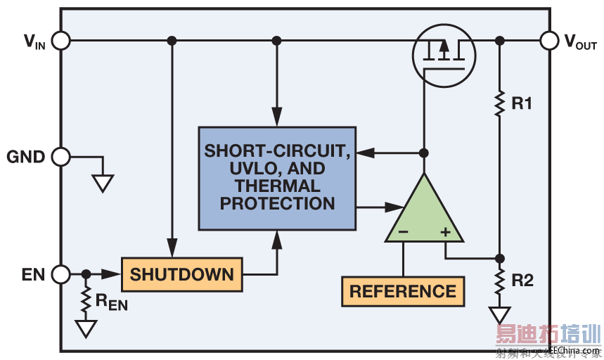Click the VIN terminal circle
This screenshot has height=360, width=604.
click(x=61, y=41)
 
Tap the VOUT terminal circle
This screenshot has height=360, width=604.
click(x=550, y=41)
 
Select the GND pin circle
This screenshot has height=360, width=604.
click(x=61, y=157)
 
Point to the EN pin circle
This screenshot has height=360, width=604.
click(x=61, y=274)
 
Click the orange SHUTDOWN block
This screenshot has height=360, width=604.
click(x=181, y=274)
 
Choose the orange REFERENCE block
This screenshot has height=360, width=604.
click(x=403, y=291)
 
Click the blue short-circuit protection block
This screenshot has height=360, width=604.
click(x=277, y=178)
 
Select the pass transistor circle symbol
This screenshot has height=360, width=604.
click(x=443, y=55)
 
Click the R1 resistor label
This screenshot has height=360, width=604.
click(x=522, y=104)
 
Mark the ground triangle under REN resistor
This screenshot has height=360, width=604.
click(x=86, y=328)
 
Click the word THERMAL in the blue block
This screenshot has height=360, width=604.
click(x=277, y=187)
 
